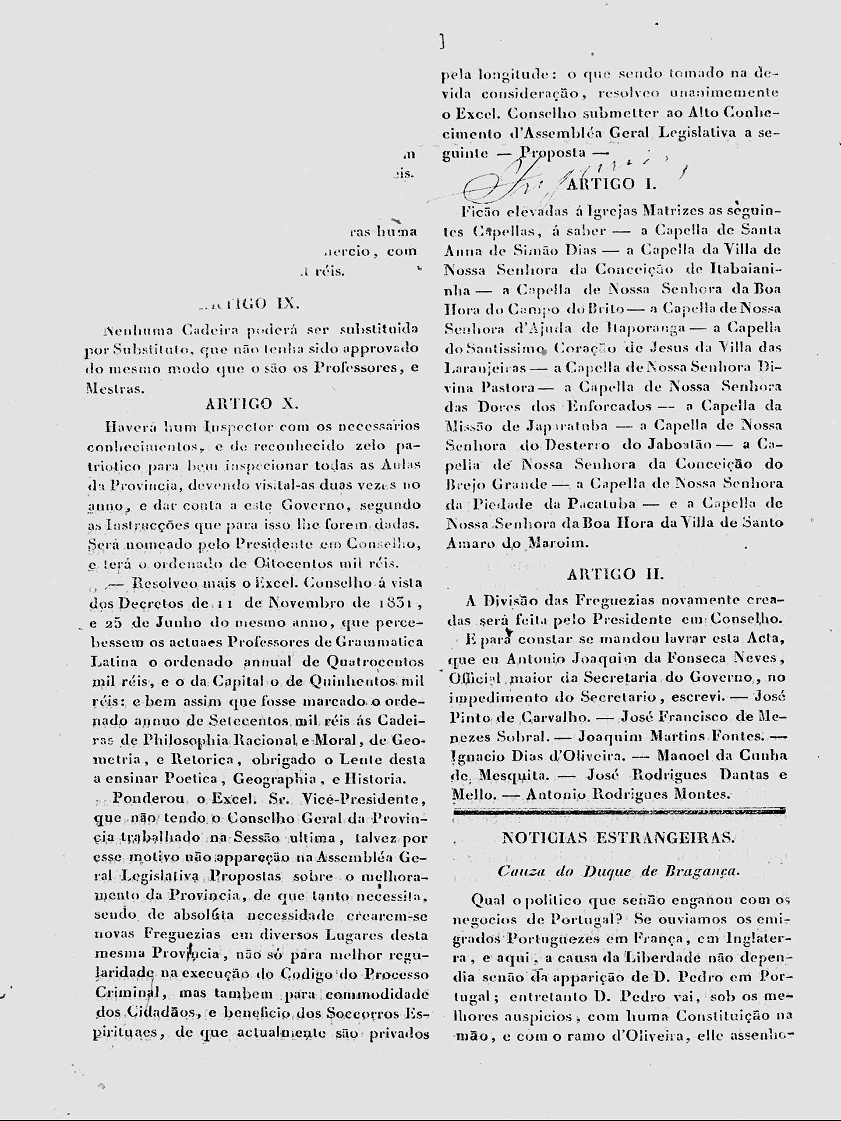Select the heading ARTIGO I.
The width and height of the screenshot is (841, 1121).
click(611, 184)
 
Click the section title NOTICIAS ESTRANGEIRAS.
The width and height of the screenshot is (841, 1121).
click(618, 838)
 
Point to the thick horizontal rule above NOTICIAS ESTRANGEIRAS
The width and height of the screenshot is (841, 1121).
click(619, 811)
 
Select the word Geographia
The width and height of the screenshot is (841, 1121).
click(275, 779)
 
